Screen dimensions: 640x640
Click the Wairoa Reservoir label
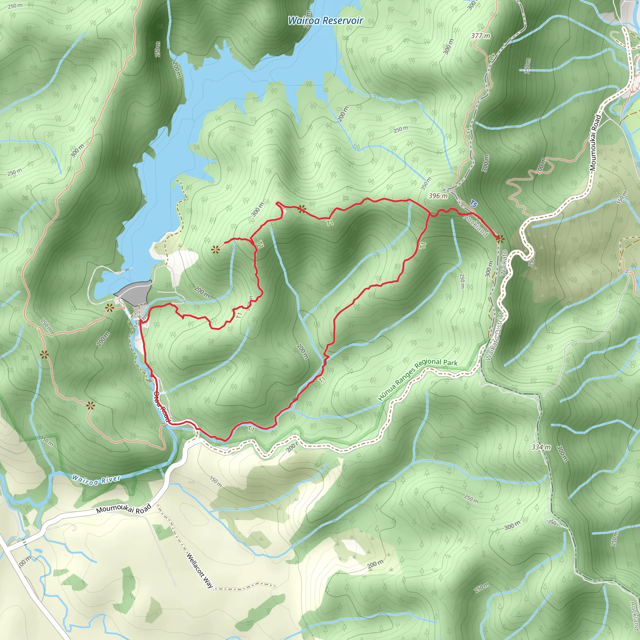coord(325,21)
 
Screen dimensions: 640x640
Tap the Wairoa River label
coord(96,480)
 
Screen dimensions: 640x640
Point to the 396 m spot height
coord(438,196)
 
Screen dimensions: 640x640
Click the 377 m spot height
coord(480,36)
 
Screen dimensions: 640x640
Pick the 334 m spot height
coord(541,447)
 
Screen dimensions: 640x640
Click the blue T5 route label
coord(473,204)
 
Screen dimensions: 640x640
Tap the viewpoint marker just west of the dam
coord(109,308)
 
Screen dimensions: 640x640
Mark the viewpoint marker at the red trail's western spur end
coord(216,250)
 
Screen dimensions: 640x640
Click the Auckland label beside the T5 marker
coord(476,225)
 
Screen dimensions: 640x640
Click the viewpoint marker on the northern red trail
coord(301,209)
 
